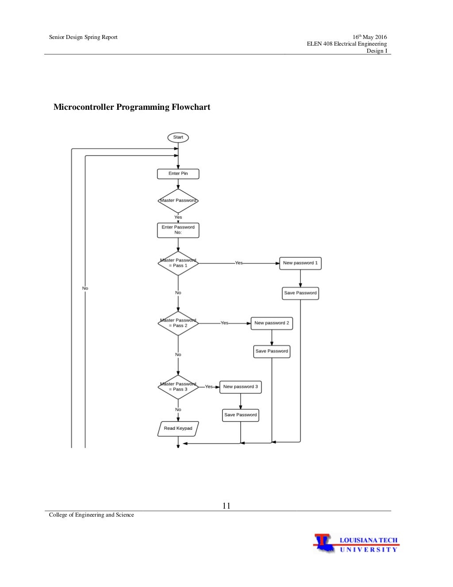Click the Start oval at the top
[x=178, y=137]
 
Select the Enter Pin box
[x=178, y=174]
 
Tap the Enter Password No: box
[x=178, y=230]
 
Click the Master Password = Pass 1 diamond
[x=178, y=263]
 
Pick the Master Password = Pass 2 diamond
[x=178, y=323]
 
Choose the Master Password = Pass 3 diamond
[x=178, y=387]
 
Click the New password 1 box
[x=300, y=263]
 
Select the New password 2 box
[x=272, y=323]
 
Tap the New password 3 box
[x=241, y=387]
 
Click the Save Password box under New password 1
[x=300, y=293]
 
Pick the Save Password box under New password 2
[x=272, y=351]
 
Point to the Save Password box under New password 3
[x=241, y=415]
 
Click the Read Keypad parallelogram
[x=178, y=429]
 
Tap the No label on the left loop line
[x=85, y=288]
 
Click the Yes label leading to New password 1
[x=239, y=263]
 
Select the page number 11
[x=226, y=506]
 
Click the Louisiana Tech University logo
[x=356, y=544]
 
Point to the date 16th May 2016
[x=369, y=37]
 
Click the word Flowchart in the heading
[x=191, y=107]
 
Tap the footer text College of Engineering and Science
[x=92, y=515]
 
